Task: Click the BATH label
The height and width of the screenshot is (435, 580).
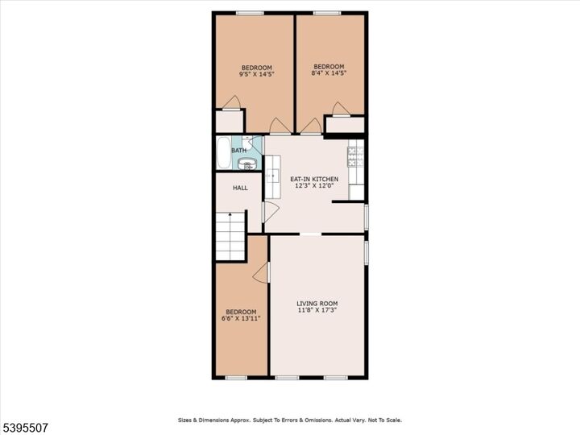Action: coord(239,150)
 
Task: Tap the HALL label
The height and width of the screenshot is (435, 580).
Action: coord(240,188)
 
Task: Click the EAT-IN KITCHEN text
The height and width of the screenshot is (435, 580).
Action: coord(313,179)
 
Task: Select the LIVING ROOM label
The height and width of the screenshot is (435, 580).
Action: coord(317,304)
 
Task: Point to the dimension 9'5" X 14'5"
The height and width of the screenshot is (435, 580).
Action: coord(255,74)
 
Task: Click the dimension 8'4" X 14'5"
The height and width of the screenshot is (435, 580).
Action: coord(329,73)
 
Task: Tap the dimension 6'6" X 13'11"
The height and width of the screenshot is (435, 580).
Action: coord(240,318)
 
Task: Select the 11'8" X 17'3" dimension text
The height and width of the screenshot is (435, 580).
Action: coord(317,310)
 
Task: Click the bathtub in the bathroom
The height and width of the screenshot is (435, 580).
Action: coord(222,153)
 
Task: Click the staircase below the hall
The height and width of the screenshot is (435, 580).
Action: coord(230,238)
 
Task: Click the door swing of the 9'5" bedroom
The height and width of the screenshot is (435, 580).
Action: coord(278,126)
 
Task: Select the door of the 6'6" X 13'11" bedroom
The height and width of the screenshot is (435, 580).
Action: coord(261,274)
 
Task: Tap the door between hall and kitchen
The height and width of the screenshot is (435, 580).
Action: coord(271,212)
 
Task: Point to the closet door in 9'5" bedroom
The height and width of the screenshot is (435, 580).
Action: coord(232,102)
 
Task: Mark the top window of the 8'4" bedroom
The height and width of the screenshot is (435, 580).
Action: coord(326,12)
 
